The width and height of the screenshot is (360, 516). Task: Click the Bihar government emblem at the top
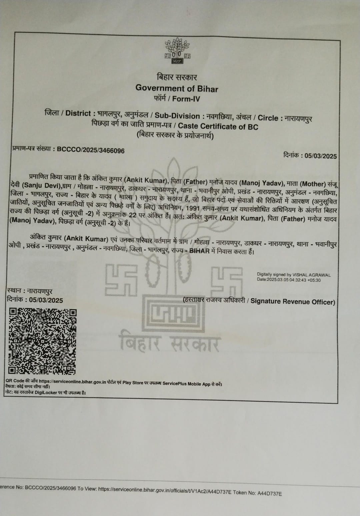(177, 51)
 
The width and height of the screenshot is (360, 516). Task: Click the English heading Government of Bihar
(177, 89)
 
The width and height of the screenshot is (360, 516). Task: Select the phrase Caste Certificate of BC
(218, 127)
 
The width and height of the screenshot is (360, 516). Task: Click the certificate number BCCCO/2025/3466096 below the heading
(91, 150)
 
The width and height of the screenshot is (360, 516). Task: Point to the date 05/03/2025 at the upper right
(320, 156)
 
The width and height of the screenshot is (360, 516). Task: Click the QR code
(42, 341)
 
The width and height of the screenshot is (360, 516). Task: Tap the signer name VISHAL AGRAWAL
(311, 275)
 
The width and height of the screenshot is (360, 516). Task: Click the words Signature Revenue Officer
(293, 302)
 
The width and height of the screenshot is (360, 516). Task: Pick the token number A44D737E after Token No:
(269, 493)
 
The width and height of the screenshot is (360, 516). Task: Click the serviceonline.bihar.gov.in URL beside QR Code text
(72, 382)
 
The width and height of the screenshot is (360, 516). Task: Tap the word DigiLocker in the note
(46, 393)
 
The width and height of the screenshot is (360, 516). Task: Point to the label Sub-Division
(177, 116)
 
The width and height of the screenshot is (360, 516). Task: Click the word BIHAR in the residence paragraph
(199, 251)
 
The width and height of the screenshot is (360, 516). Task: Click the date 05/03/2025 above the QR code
(46, 300)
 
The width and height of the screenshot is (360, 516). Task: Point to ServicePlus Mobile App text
(186, 384)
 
